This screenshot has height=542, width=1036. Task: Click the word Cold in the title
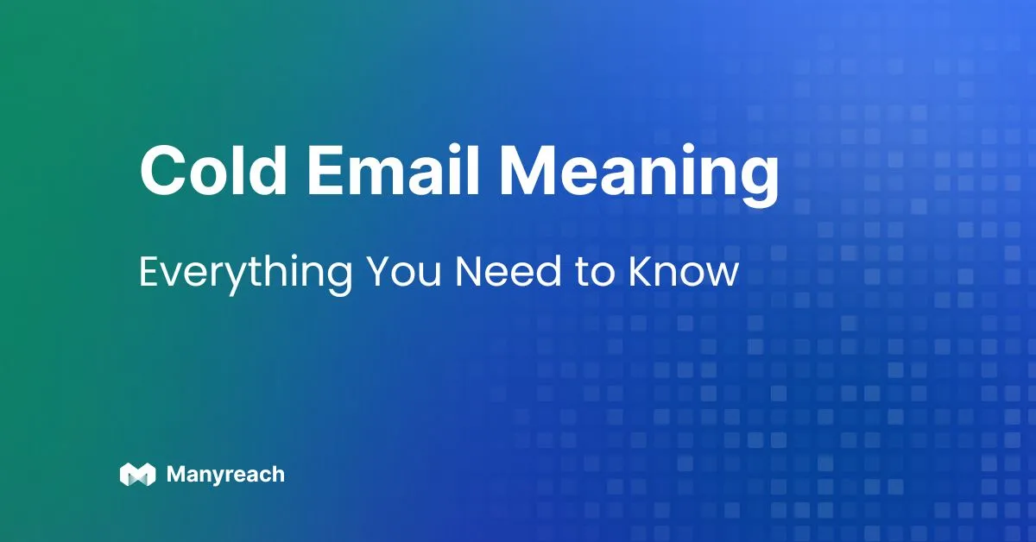click(211, 172)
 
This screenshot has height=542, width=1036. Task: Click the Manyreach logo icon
click(137, 474)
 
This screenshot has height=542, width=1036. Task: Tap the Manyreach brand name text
click(224, 475)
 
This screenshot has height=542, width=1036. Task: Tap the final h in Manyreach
click(276, 474)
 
